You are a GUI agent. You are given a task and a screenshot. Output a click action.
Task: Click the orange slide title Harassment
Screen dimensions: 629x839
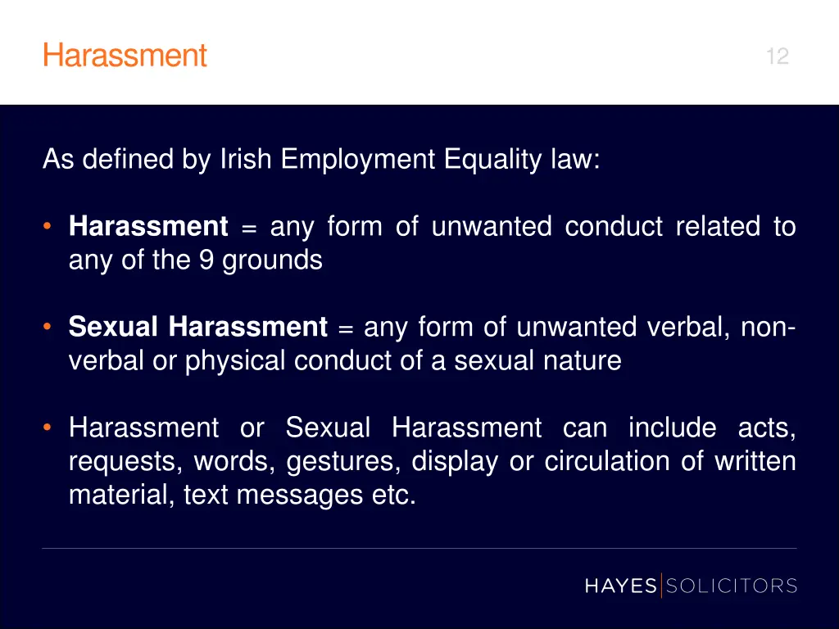point(125,57)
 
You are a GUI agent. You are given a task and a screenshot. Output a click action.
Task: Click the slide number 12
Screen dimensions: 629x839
point(777,57)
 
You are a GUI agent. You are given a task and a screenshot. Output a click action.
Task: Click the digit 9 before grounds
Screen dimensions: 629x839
point(206,260)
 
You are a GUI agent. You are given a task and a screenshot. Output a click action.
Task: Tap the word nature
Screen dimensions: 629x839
point(583,361)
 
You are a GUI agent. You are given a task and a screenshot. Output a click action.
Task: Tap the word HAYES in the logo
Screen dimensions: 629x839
point(620,586)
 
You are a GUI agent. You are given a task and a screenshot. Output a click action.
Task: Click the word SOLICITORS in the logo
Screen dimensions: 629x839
point(732,586)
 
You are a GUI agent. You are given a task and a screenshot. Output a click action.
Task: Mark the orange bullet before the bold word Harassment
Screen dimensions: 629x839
point(49,227)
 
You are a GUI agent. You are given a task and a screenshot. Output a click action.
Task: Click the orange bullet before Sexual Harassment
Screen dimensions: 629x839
point(49,328)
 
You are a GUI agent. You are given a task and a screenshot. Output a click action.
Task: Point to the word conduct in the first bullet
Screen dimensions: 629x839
point(614,227)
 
